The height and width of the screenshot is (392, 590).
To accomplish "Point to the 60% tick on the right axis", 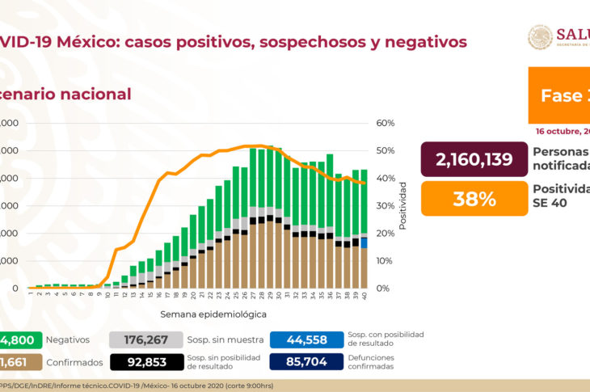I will (x=384, y=123).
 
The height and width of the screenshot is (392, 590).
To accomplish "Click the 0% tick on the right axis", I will (x=382, y=289).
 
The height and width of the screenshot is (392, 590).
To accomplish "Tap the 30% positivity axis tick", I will (x=384, y=205).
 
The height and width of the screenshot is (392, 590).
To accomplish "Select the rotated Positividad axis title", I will (x=402, y=205).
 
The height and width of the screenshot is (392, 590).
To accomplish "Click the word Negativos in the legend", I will (x=69, y=340).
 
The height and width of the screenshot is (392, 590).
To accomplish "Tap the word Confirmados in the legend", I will (x=74, y=363).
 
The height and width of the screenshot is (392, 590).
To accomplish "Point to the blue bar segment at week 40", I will (x=365, y=243).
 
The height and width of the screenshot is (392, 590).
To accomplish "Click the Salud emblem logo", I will (x=540, y=37).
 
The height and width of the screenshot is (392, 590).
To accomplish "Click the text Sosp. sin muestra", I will (x=220, y=340).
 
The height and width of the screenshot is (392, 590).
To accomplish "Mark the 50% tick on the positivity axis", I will (x=384, y=150).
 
